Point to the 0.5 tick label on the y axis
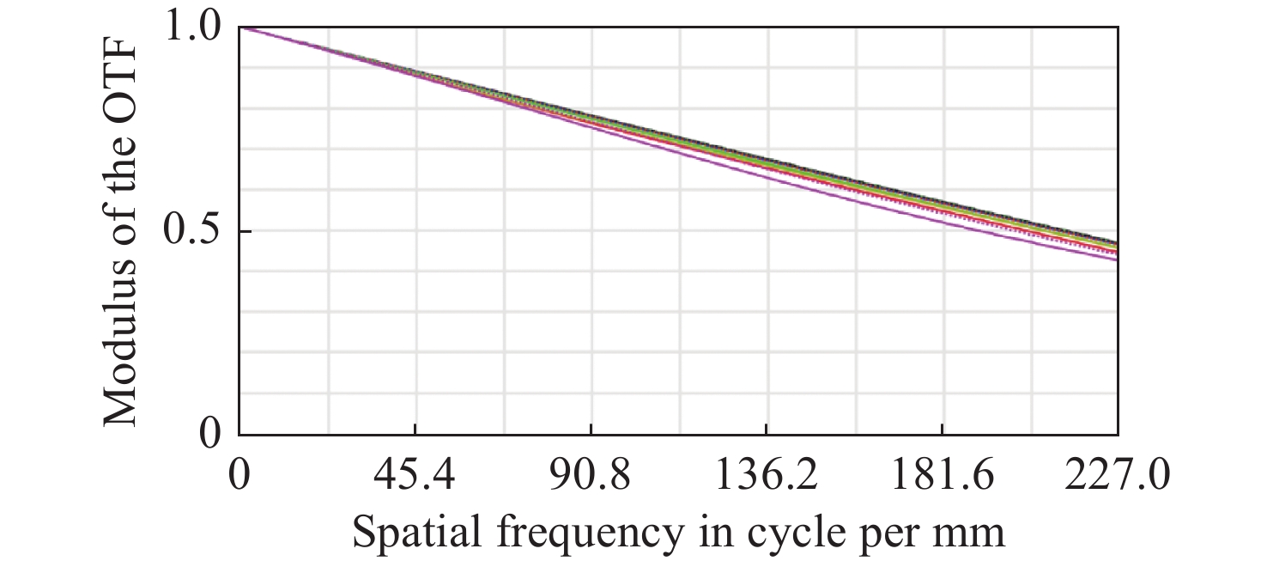coord(197,232)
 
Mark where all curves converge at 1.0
coord(240,28)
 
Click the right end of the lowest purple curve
coord(1116,259)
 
